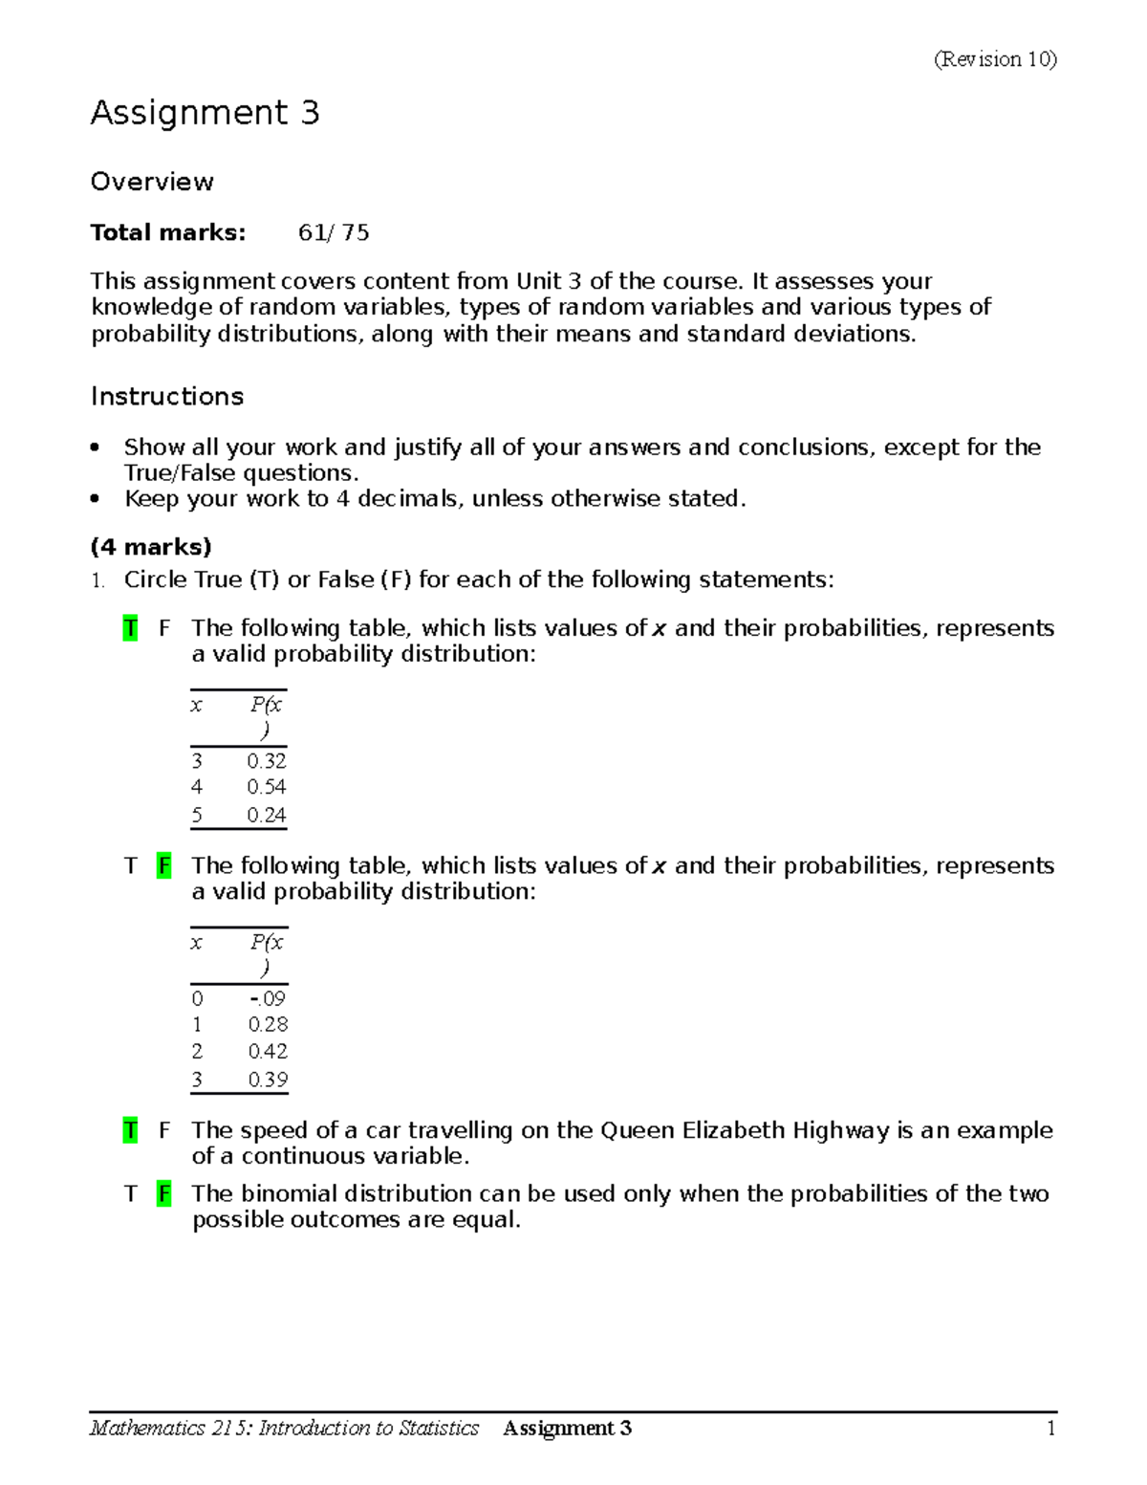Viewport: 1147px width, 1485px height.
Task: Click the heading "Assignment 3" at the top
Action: click(205, 114)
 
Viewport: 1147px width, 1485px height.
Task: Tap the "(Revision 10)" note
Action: click(994, 59)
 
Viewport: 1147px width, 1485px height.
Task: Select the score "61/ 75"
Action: click(334, 232)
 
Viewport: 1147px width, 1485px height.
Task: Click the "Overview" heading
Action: click(152, 182)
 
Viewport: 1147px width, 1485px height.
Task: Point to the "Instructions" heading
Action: click(167, 396)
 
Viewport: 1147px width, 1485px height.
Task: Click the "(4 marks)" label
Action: click(151, 547)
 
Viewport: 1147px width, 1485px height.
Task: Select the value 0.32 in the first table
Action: click(266, 761)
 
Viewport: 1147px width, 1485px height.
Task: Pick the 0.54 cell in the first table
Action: click(266, 787)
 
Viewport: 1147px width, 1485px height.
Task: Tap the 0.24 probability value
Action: click(266, 815)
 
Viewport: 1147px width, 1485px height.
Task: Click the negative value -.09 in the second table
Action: click(267, 998)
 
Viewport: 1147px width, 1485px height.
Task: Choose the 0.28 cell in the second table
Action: click(268, 1024)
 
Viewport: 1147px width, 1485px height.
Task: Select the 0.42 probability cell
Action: click(268, 1051)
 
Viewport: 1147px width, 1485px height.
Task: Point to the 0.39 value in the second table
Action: click(268, 1080)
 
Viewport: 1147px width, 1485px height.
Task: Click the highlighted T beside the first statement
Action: click(130, 628)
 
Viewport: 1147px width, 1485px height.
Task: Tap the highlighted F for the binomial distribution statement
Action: click(164, 1193)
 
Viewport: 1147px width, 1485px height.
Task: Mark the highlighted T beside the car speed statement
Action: click(130, 1130)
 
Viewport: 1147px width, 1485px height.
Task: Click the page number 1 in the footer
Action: click(1050, 1429)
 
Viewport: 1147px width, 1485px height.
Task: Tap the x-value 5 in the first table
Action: click(197, 815)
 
